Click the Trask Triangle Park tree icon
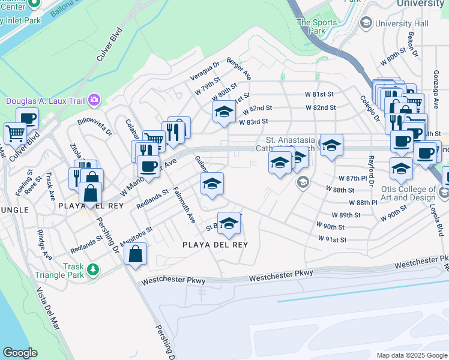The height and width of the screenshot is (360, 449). [93, 270]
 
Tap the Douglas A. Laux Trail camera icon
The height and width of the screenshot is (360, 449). [94, 99]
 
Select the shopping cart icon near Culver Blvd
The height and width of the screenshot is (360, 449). [15, 133]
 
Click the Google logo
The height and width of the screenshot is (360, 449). [20, 353]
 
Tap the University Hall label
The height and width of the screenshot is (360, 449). [394, 23]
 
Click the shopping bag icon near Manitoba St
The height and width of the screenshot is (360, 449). [136, 253]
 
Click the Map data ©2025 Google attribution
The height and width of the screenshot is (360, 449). [411, 355]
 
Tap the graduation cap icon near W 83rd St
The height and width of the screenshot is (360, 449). [224, 112]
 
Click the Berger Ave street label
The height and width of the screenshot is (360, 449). [239, 69]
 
